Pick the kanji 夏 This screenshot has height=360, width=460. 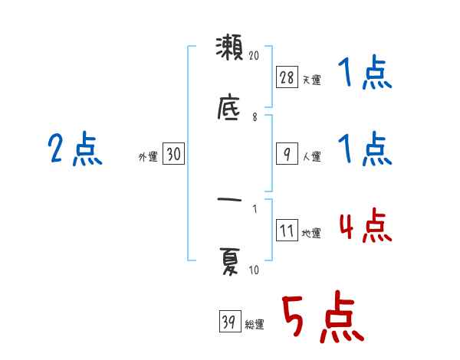click(x=229, y=264)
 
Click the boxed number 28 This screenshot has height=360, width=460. click(x=286, y=77)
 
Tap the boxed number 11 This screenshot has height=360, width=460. click(x=286, y=231)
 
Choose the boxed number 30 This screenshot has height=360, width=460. click(x=173, y=155)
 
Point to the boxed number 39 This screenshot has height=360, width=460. click(x=228, y=322)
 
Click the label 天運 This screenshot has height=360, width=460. click(x=311, y=80)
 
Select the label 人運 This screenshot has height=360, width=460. click(x=311, y=156)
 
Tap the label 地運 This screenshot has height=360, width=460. click(x=311, y=234)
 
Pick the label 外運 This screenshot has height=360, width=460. click(x=148, y=157)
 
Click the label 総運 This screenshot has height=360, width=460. click(x=254, y=324)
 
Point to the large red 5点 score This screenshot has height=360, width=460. click(x=321, y=319)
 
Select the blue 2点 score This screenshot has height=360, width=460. click(x=75, y=149)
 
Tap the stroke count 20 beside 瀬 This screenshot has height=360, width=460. click(x=255, y=56)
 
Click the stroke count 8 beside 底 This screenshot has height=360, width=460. click(x=255, y=117)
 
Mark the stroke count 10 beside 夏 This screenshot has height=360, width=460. click(x=255, y=270)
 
